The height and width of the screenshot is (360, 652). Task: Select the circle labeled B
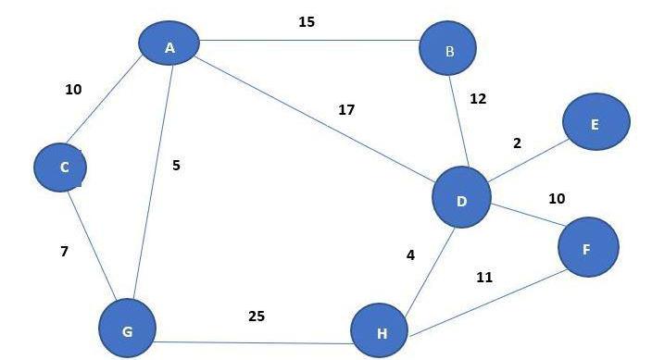(x=448, y=49)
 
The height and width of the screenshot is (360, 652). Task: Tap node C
(x=60, y=167)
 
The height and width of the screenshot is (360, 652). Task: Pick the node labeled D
(x=461, y=197)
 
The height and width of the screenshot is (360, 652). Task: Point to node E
(x=595, y=122)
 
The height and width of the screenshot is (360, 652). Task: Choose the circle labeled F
(x=587, y=247)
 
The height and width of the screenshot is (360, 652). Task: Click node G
(x=128, y=328)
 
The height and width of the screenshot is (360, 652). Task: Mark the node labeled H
(x=380, y=331)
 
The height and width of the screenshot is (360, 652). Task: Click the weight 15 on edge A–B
(x=307, y=21)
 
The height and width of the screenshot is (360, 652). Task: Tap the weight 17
(x=346, y=110)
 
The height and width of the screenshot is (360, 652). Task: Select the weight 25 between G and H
(x=257, y=316)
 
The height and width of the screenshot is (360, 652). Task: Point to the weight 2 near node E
(x=517, y=143)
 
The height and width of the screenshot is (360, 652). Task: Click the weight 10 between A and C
(x=73, y=90)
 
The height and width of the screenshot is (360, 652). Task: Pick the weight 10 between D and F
(x=557, y=198)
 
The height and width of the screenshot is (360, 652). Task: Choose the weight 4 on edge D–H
(x=410, y=254)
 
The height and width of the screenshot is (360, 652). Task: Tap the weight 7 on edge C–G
(x=64, y=251)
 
